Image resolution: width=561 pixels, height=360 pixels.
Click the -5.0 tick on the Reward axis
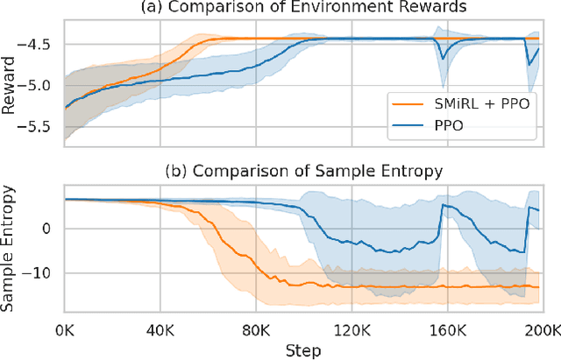point(40,86)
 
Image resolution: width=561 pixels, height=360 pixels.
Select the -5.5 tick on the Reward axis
point(40,127)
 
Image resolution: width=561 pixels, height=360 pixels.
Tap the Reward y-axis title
point(11,83)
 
